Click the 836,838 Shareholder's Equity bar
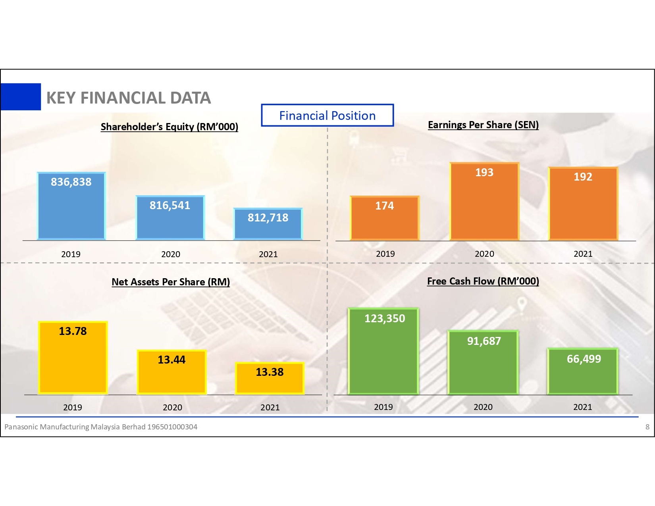(x=71, y=206)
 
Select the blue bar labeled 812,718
(x=268, y=224)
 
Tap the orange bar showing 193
(x=484, y=202)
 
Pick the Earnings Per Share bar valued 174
(x=385, y=218)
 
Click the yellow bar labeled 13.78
(x=73, y=358)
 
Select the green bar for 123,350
(x=383, y=351)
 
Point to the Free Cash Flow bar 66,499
(x=583, y=371)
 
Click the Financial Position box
(x=327, y=115)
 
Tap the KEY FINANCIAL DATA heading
(x=129, y=98)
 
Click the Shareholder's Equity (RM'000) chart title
(x=170, y=127)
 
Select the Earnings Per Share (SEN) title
(x=483, y=125)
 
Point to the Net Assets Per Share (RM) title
(x=171, y=282)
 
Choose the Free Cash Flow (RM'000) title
(x=483, y=281)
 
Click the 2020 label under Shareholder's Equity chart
(x=171, y=254)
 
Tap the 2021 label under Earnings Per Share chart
(x=583, y=254)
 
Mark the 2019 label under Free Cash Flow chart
(x=383, y=407)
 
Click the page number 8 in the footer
(x=647, y=427)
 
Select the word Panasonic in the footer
(x=21, y=427)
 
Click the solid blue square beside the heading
(x=21, y=96)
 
